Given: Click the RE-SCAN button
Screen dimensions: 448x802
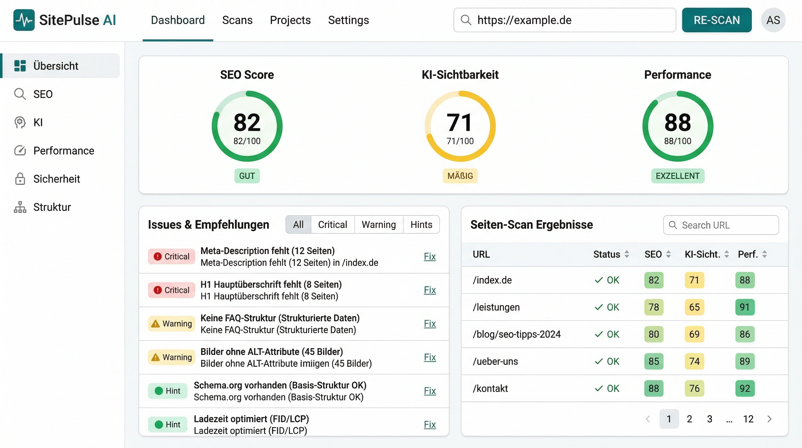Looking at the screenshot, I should (x=716, y=20).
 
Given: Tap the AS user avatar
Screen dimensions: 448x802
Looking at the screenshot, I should (x=773, y=20).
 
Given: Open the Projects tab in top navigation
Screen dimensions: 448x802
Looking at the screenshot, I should (x=290, y=20).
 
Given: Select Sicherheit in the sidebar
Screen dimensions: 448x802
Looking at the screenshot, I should (x=56, y=179).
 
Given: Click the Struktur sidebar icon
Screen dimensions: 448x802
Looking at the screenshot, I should (x=20, y=207).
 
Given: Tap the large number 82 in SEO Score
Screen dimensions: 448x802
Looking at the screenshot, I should (x=247, y=122).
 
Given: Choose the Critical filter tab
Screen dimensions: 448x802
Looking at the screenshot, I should (x=332, y=224).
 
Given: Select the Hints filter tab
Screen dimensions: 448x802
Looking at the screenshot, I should (x=421, y=224).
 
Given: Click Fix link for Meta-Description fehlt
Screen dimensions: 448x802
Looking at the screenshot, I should (x=430, y=256).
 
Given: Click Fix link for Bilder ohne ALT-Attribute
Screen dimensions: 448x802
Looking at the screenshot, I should (x=430, y=357).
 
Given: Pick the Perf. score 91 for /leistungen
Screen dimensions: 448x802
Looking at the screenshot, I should (x=744, y=307).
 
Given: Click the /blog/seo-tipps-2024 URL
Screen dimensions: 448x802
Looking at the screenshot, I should (x=516, y=334).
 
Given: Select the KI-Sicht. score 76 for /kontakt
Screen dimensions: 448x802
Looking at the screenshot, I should (x=694, y=388).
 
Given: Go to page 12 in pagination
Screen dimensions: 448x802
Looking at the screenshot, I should (x=748, y=419).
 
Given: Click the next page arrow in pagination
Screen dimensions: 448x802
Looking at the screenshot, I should (x=769, y=419).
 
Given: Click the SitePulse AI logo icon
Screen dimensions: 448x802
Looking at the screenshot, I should (x=24, y=20).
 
